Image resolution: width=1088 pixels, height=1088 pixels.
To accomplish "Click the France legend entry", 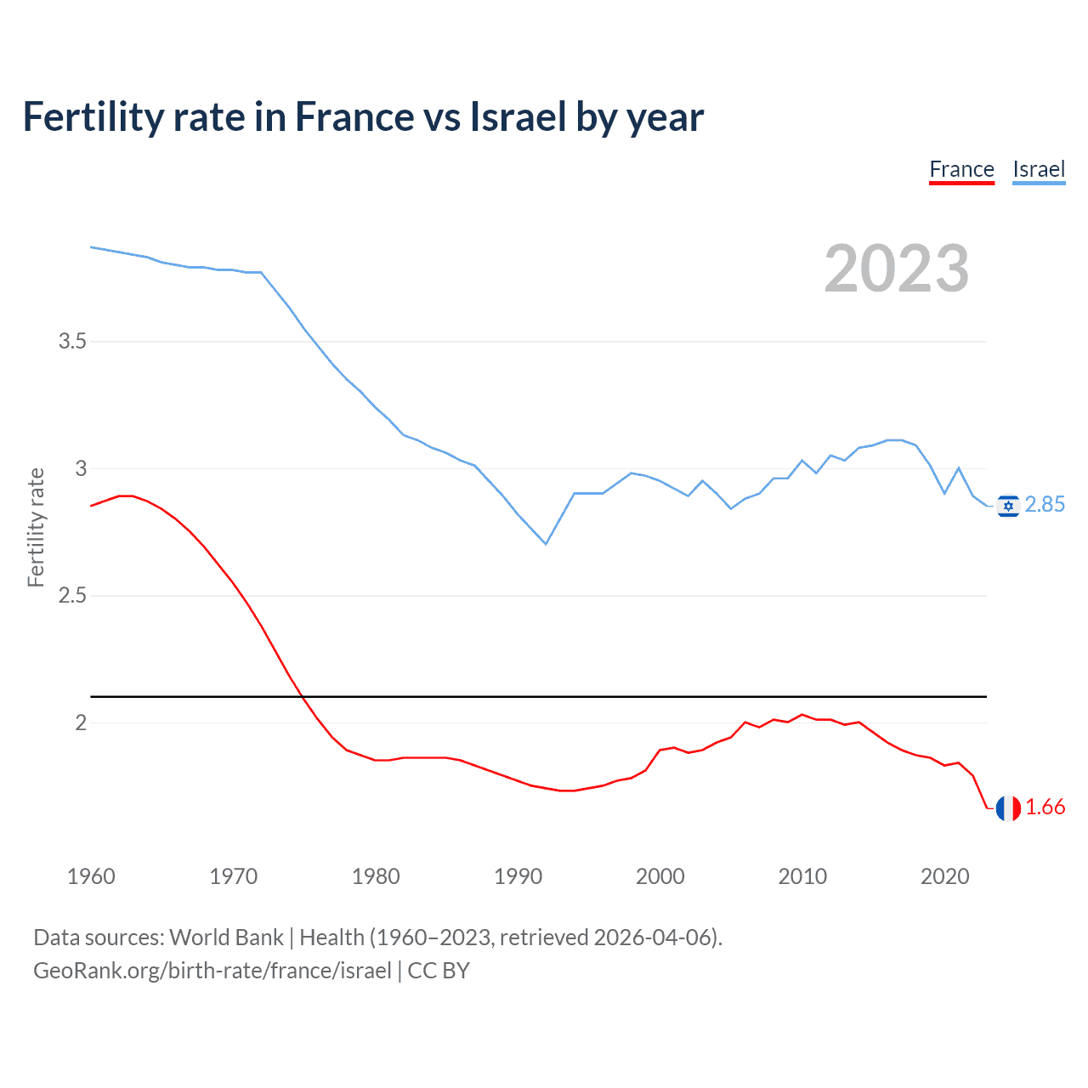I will pos(961,169).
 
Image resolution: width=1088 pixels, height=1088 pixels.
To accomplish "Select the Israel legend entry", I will pos(1039,169).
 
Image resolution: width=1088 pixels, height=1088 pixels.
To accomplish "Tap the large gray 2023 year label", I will pos(897,269).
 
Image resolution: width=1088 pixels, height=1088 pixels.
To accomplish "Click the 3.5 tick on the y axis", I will pos(72,342).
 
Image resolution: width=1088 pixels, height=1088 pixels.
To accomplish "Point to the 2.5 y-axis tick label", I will pos(72,596).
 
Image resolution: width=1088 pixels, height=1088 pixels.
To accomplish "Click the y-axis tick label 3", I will pos(81,468).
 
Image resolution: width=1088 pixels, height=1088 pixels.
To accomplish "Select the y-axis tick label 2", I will pos(81,722).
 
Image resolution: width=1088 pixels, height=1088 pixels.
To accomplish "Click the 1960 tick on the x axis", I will pos(91,876).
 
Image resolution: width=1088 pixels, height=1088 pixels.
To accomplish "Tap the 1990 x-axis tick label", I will pos(518,876).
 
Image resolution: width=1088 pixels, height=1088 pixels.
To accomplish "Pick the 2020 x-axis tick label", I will pos(944,876).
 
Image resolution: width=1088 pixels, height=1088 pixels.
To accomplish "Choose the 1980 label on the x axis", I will pos(376,876).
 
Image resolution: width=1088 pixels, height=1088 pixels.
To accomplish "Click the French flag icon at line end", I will pos(1008,808).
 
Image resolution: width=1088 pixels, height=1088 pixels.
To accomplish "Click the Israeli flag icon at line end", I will pos(1008,506).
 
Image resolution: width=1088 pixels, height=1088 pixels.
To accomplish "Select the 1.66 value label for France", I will pos(1045,807).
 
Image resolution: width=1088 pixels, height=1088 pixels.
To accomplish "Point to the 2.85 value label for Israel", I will pos(1045,505).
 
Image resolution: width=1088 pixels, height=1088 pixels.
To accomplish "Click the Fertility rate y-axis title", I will pos(36,527).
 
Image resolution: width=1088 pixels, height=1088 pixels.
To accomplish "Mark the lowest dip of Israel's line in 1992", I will pos(546,543).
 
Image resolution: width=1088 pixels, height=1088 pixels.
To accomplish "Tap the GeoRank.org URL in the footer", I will pos(212,971).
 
